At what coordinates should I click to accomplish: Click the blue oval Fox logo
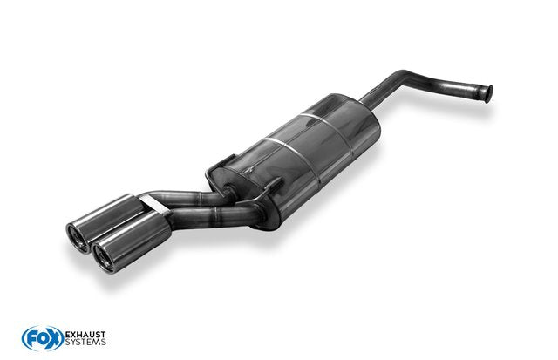pos(43,338)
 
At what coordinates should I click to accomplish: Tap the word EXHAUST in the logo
pos(85,335)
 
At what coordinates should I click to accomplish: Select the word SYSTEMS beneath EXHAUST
pos(85,343)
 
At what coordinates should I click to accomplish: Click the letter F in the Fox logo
pos(31,339)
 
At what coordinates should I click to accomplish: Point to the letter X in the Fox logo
pos(54,339)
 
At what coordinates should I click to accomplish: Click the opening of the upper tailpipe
pos(78,238)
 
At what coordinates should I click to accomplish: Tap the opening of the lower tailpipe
pos(104,257)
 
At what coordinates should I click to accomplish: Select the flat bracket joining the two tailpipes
pos(154,205)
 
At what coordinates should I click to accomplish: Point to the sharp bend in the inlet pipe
pos(404,75)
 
